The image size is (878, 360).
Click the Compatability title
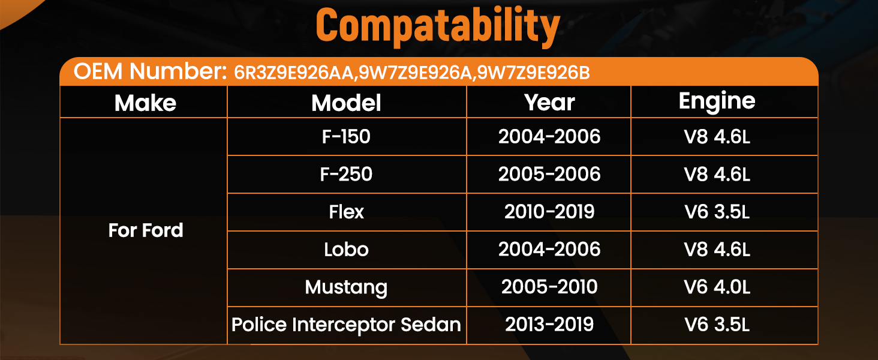click(x=438, y=26)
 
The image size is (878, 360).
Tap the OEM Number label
click(x=150, y=71)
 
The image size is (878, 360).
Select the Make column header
click(x=145, y=103)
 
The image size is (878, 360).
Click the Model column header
click(x=346, y=103)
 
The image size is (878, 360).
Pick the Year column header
click(x=549, y=103)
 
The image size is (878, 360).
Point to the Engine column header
click(x=717, y=102)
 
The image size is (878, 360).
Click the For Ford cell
click(x=145, y=230)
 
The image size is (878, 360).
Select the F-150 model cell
click(x=346, y=136)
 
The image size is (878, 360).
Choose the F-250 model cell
click(x=346, y=174)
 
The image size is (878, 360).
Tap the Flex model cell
click(x=346, y=212)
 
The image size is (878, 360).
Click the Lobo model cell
click(x=346, y=250)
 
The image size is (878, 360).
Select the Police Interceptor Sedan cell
click(x=346, y=325)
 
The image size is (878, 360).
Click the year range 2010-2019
click(x=549, y=212)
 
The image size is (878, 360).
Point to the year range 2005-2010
click(x=549, y=287)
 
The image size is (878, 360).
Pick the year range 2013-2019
click(x=549, y=325)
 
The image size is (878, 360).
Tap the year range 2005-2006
click(x=549, y=174)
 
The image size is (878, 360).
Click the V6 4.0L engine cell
click(x=717, y=287)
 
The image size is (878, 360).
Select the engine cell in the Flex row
click(x=717, y=212)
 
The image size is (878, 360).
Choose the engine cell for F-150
click(x=717, y=136)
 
